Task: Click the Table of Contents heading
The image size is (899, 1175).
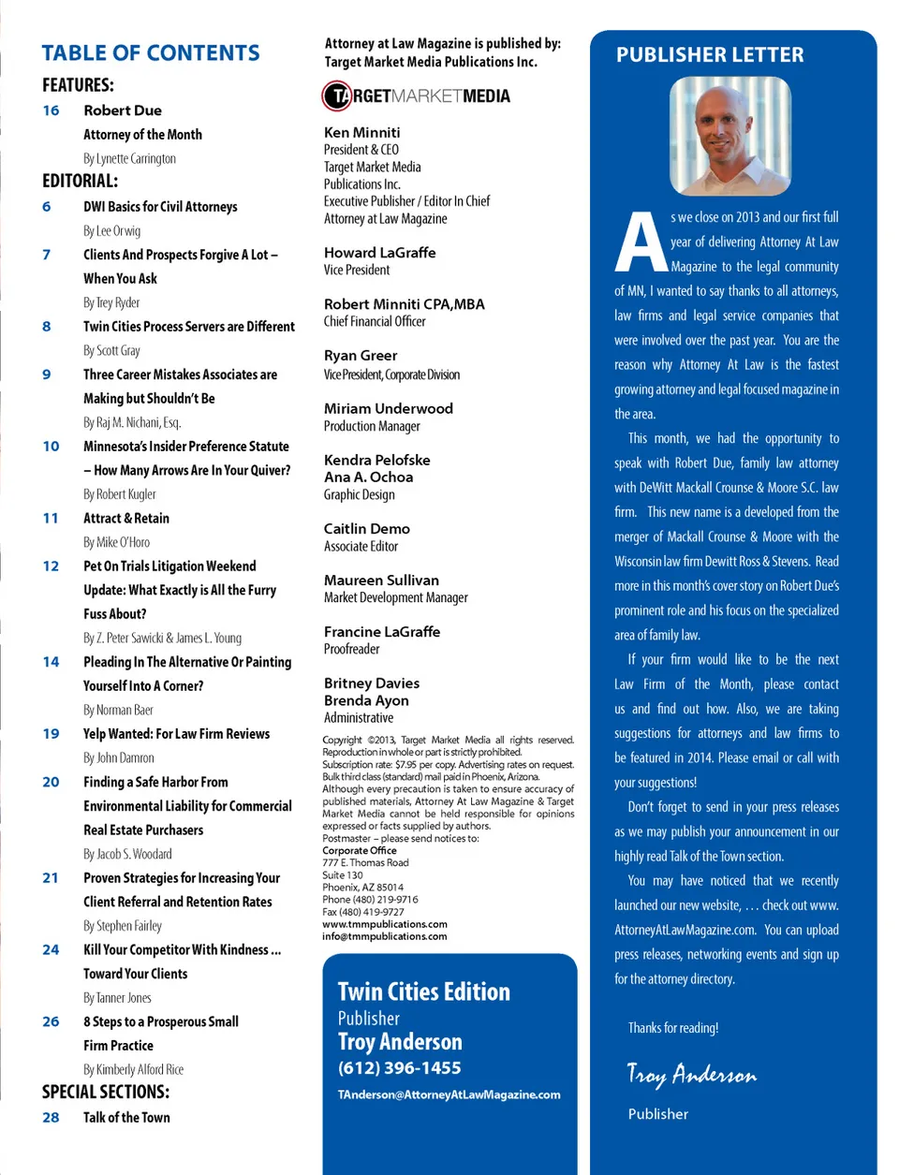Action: tap(151, 53)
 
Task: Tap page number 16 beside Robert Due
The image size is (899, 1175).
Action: tap(51, 110)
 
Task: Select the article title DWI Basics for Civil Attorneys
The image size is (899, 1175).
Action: tap(160, 207)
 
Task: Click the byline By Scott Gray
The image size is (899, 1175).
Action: tap(111, 350)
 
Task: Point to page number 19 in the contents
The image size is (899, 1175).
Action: tap(51, 734)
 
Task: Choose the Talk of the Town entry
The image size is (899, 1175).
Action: tap(126, 1118)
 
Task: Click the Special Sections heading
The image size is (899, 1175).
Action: tap(106, 1092)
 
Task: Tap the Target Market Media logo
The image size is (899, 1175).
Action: tap(417, 95)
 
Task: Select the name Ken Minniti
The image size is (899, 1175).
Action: tap(361, 133)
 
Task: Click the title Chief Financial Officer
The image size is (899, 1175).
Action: tap(375, 322)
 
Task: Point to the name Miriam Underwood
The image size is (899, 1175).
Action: tap(388, 409)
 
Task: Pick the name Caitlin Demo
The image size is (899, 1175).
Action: tap(366, 529)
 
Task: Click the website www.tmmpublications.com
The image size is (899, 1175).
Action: tap(384, 924)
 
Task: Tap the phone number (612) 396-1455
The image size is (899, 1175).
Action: tap(399, 1068)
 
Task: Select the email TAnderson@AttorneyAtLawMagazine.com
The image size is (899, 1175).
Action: tap(449, 1094)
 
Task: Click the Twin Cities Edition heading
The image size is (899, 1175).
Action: tap(423, 992)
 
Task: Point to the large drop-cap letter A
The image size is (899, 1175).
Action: tap(641, 243)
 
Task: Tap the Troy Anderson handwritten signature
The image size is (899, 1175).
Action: tap(691, 1075)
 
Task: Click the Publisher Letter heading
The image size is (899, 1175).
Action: tap(710, 55)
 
